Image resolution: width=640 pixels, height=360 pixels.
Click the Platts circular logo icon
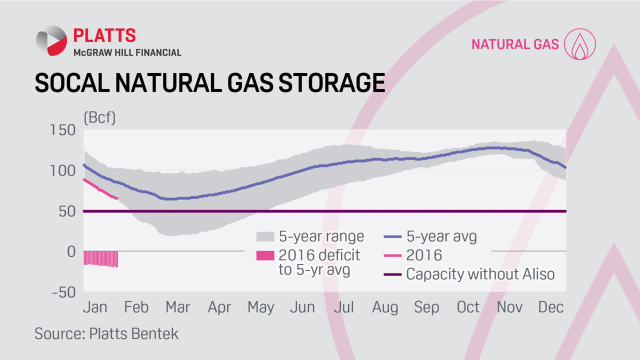(51, 40)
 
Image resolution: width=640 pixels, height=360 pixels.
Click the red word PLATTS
(104, 35)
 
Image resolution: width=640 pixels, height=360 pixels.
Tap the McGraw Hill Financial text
(127, 52)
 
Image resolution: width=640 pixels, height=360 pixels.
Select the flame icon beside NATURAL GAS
(580, 44)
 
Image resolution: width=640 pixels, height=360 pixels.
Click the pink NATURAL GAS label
(515, 44)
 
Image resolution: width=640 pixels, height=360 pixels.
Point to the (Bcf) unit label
(99, 118)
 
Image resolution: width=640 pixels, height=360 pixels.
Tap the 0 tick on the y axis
(70, 251)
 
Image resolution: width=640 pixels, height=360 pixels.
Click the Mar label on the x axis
(177, 307)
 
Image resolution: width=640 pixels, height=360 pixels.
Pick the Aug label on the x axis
(385, 307)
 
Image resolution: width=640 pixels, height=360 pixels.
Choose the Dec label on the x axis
(551, 307)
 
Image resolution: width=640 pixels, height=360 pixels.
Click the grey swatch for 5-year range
(265, 236)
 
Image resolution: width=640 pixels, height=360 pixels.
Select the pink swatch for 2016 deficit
(265, 255)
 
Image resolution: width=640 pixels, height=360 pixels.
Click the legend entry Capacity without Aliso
(480, 274)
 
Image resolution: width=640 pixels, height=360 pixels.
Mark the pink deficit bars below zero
(100, 258)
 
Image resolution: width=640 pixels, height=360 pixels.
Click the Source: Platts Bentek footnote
(106, 333)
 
